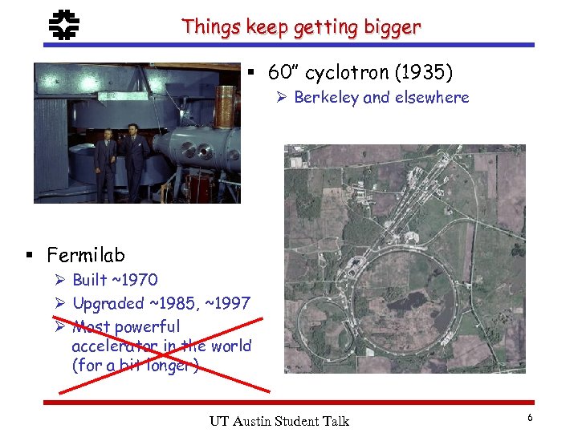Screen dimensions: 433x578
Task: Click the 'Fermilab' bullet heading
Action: tap(86, 256)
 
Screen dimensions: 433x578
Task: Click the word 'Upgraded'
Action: tap(108, 303)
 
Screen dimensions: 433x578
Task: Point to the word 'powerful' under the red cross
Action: tap(147, 327)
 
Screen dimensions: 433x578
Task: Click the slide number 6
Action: tap(530, 418)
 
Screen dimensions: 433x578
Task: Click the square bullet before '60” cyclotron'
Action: tap(251, 75)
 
